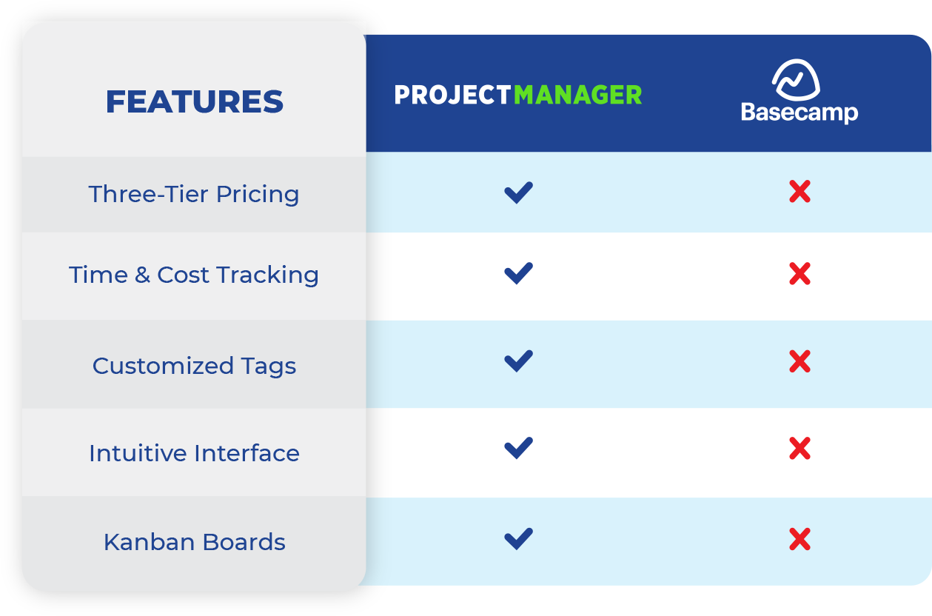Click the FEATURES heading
tap(194, 101)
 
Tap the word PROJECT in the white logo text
tap(453, 95)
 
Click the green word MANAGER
tap(578, 95)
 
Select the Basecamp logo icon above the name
tap(796, 80)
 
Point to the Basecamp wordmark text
tap(799, 113)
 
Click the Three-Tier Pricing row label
tap(194, 195)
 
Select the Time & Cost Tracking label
tap(194, 275)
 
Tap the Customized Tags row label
tap(194, 366)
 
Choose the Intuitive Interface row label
tap(194, 453)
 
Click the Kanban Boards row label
tap(194, 542)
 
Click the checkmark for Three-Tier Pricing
tap(518, 192)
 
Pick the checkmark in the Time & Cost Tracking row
tap(518, 273)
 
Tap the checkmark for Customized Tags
tap(518, 361)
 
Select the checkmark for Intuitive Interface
tap(518, 448)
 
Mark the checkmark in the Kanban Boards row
tap(518, 539)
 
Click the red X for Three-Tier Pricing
tap(799, 192)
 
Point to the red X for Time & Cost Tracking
tap(799, 273)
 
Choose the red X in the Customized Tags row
tap(799, 361)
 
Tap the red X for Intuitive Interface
tap(799, 448)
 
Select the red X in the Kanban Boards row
tap(799, 539)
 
